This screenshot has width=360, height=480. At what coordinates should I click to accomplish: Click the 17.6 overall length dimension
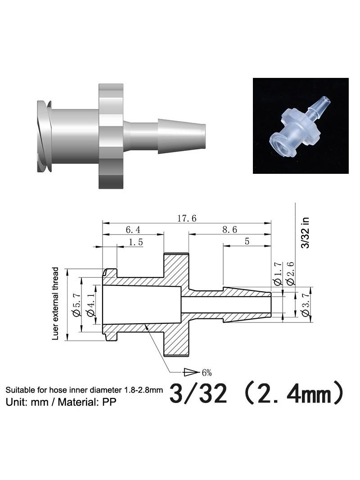(x=187, y=218)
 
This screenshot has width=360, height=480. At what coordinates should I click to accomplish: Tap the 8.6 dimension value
(x=229, y=230)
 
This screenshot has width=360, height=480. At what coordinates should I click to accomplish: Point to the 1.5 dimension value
(x=136, y=242)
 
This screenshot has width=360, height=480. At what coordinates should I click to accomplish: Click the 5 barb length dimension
(x=247, y=241)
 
